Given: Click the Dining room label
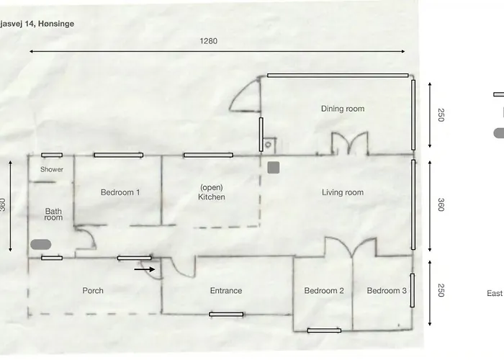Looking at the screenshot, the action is tap(343, 109).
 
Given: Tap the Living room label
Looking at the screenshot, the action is tap(343, 192).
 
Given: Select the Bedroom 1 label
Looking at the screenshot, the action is tap(120, 192).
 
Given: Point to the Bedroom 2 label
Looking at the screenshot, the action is tap(324, 291).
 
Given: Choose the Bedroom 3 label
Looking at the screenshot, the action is tap(387, 291).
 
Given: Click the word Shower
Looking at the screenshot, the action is tap(52, 169).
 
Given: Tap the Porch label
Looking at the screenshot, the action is tap(93, 291).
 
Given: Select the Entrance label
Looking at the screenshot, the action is tap(226, 291).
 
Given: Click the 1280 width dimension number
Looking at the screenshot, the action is tap(208, 41).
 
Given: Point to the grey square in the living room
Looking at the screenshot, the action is tap(274, 168).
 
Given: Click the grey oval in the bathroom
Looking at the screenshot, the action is tap(41, 244).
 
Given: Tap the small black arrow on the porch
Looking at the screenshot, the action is tap(145, 269).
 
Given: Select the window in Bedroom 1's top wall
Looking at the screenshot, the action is tap(119, 155).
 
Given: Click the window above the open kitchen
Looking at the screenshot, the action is tap(208, 155).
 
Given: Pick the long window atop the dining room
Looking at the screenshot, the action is tap(338, 76).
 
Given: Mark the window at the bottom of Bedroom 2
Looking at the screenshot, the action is tap(324, 330).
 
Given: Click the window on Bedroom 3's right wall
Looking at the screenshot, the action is tap(413, 290).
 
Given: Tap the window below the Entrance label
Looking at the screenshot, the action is tap(226, 314).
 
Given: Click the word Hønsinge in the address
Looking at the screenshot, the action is tap(56, 24).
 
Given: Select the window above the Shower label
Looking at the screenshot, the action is tap(52, 155).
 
